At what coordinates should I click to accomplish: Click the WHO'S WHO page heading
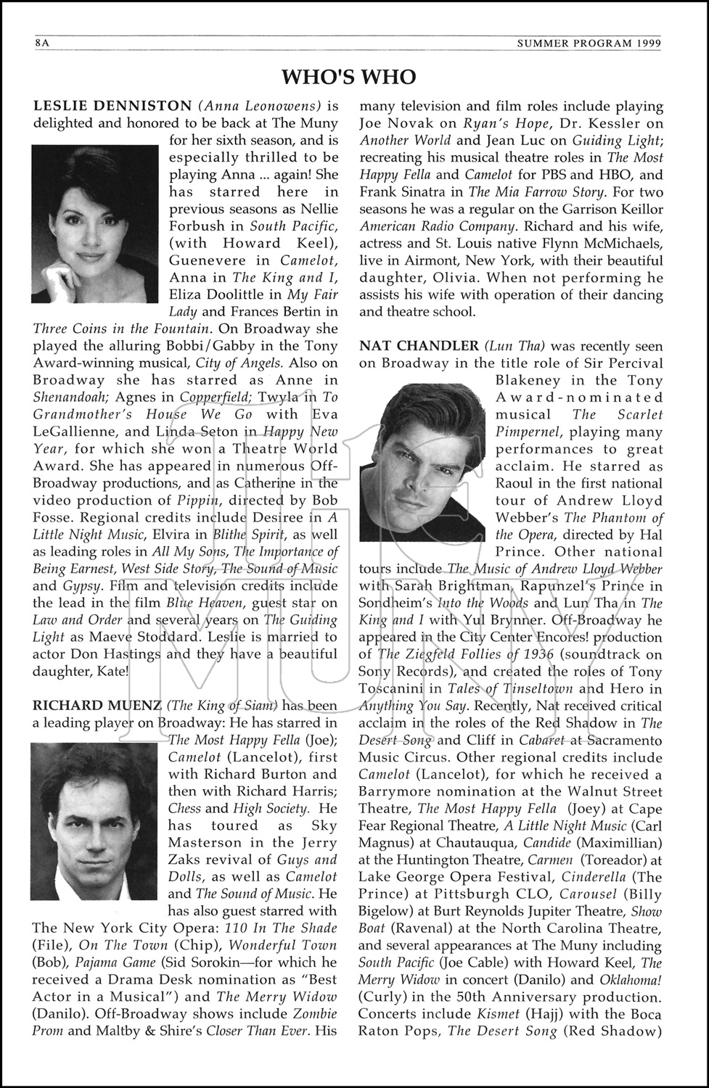tap(349, 77)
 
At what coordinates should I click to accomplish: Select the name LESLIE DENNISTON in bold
tap(112, 106)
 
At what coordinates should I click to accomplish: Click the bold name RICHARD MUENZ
tap(96, 705)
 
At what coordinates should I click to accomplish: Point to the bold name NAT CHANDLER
tap(419, 346)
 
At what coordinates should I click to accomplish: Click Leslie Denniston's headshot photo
tap(94, 223)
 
